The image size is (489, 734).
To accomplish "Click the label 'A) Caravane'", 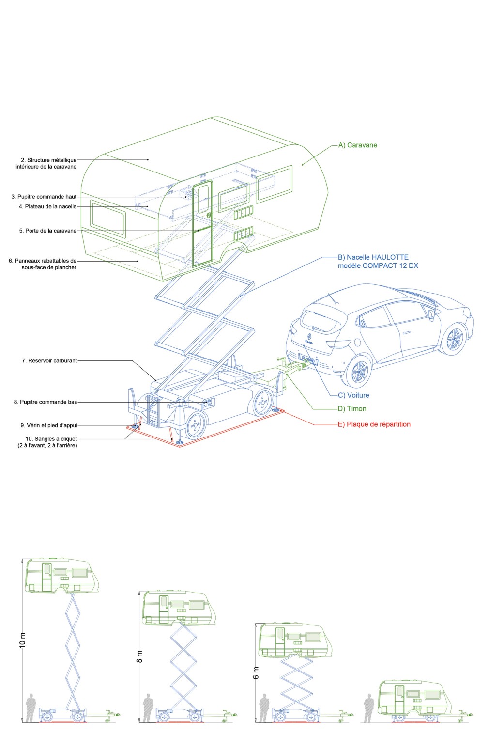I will click(x=357, y=145).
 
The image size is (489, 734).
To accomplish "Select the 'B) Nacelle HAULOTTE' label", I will click(x=373, y=257).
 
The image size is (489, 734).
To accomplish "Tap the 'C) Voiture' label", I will click(x=353, y=395).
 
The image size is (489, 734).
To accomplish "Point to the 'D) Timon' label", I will click(x=352, y=409).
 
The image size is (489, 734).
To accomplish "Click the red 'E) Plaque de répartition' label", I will click(x=374, y=424).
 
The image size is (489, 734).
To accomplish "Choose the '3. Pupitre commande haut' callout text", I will click(x=44, y=197).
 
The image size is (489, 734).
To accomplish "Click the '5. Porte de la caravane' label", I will click(x=48, y=231).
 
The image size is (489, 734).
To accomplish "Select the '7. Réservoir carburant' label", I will click(x=49, y=360).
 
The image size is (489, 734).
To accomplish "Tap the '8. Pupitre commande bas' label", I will click(x=46, y=402).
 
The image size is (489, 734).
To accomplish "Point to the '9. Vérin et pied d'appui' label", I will click(x=48, y=425).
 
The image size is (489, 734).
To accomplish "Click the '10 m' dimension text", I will click(x=22, y=640).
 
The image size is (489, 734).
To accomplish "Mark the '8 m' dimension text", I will click(x=139, y=656).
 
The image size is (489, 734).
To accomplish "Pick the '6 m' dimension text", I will click(x=256, y=672).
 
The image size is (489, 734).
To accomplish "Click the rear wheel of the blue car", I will click(x=359, y=372).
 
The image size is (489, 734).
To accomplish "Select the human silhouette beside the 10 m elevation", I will click(x=31, y=708).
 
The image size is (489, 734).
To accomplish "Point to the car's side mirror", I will click(x=431, y=315).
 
